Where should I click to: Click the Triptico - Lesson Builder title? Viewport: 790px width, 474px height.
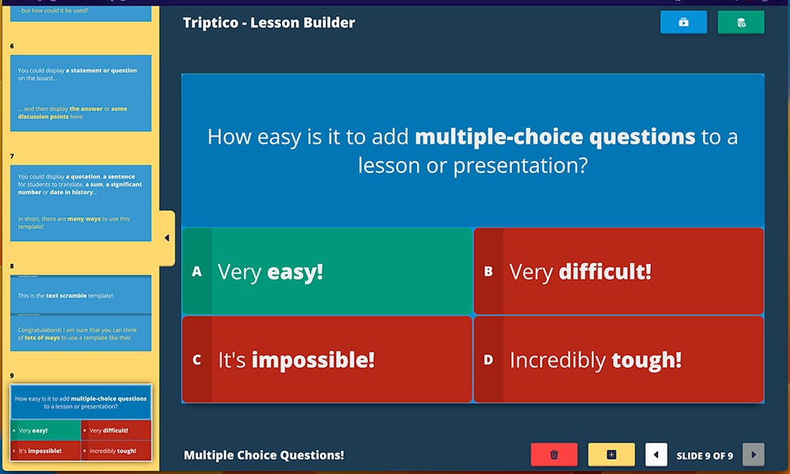(269, 23)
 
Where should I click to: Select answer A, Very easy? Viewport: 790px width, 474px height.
(327, 272)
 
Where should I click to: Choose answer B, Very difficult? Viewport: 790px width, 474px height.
(619, 272)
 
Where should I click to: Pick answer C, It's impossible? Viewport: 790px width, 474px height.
(327, 360)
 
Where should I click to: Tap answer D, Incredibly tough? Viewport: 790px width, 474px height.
(619, 360)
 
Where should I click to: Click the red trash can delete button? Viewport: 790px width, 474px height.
(554, 454)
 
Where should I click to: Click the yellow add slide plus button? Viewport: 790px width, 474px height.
(611, 454)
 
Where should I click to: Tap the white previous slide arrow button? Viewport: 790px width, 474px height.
(656, 454)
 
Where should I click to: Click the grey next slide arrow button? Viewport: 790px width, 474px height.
(753, 454)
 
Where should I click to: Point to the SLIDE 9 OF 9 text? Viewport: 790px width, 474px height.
(705, 455)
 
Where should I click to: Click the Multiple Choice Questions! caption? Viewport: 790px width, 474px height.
(264, 455)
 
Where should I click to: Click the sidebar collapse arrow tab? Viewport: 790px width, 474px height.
(167, 238)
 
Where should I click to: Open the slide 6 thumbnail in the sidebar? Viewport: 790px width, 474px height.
(81, 93)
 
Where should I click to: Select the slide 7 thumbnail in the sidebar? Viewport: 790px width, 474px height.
(81, 202)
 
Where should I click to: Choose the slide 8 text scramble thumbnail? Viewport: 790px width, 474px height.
(81, 314)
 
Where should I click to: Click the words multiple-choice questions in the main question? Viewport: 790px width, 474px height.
(555, 137)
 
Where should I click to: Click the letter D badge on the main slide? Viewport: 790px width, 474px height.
(488, 360)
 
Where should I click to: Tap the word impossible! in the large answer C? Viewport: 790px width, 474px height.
(313, 361)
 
